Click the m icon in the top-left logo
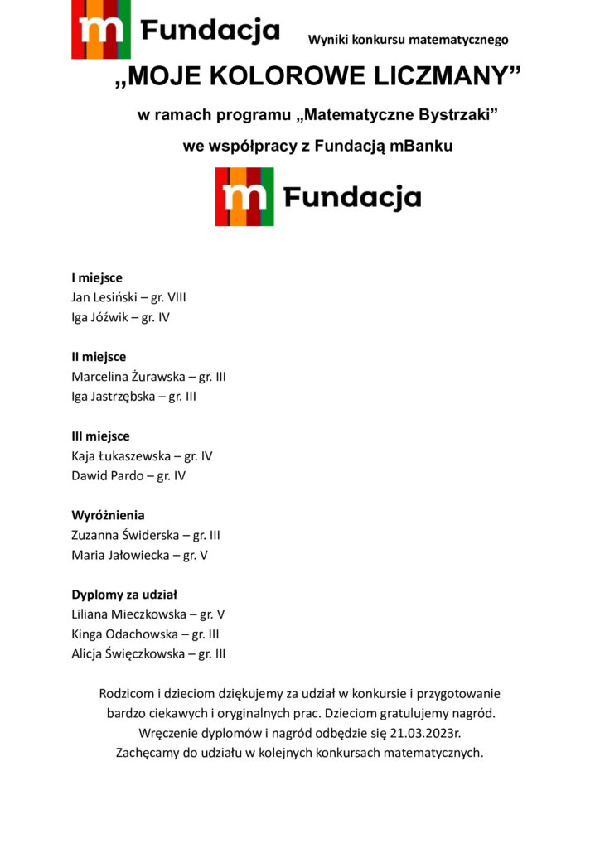[101, 31]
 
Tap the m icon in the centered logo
[244, 197]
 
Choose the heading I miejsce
[97, 277]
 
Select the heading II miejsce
[99, 357]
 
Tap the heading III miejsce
[100, 436]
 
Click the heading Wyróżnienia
[108, 515]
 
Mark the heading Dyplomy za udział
[124, 595]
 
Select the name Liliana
[92, 614]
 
